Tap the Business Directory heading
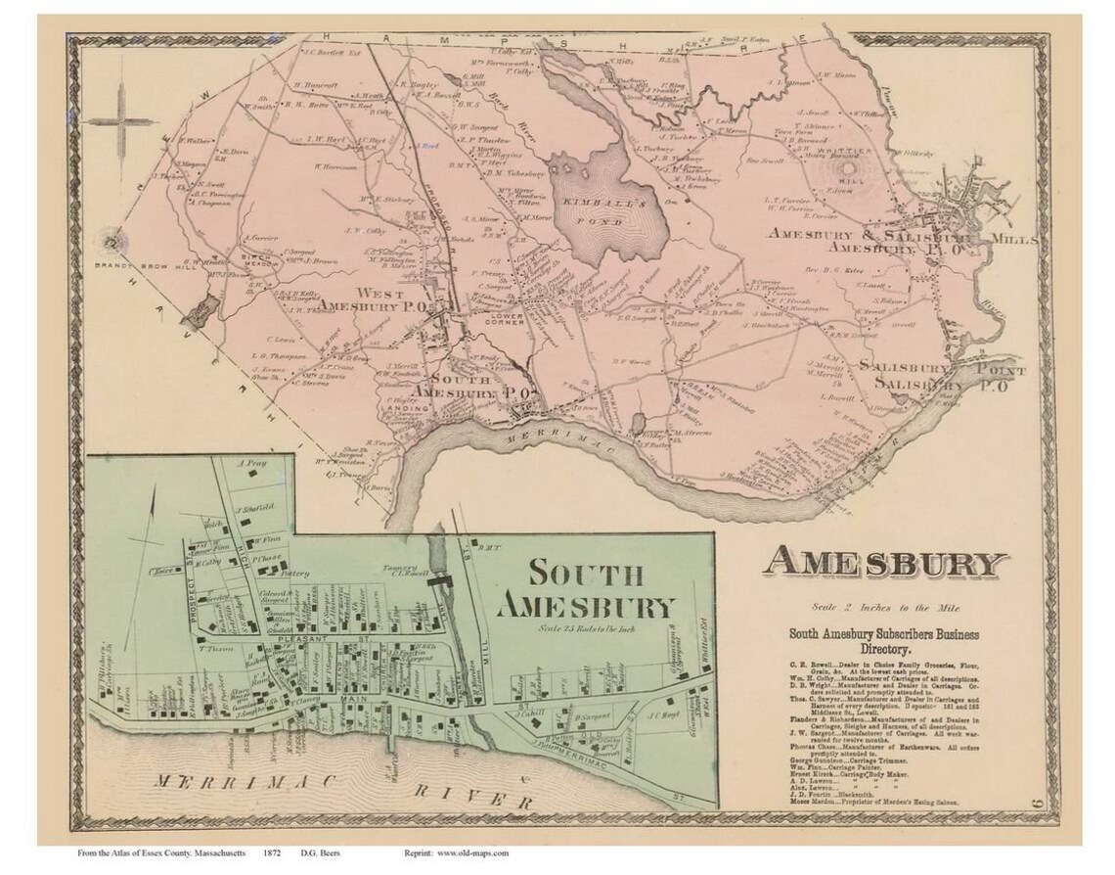[x=884, y=641]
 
